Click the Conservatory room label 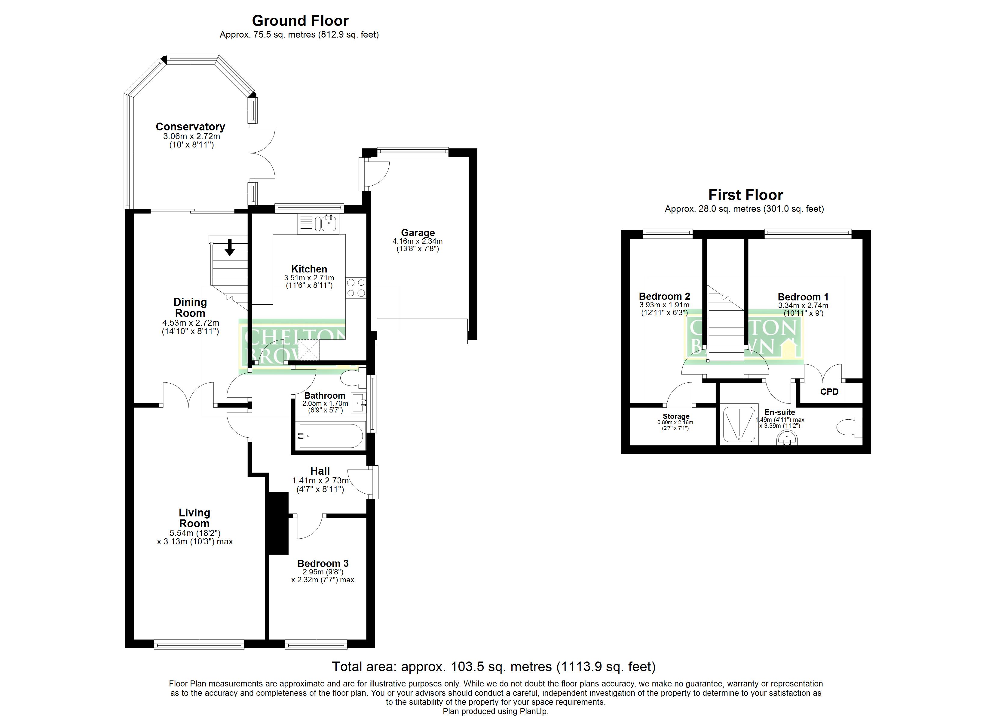(190, 127)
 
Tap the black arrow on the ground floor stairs (230, 248)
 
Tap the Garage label (418, 233)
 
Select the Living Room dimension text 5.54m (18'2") (195, 533)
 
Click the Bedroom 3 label (323, 564)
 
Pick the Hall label (320, 471)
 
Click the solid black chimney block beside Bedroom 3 (278, 523)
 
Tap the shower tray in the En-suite (739, 424)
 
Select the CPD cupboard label (829, 392)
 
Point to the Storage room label (676, 416)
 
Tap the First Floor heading (746, 195)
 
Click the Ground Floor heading (301, 20)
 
